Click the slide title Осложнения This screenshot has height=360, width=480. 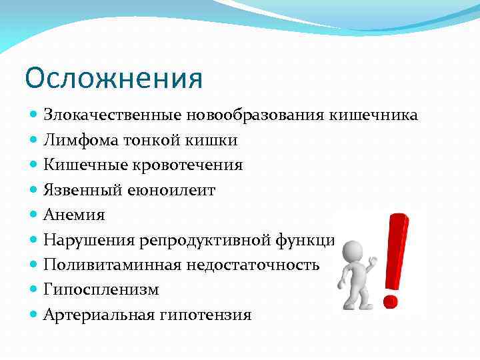[113, 79]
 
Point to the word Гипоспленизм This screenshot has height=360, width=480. [92, 290]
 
